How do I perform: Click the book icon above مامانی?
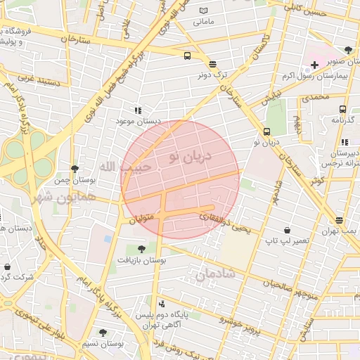pyautogui.click(x=204, y=11)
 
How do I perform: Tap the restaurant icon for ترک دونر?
pyautogui.click(x=212, y=63)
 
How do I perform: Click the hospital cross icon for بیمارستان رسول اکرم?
pyautogui.click(x=314, y=65)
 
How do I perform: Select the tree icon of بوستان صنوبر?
pyautogui.click(x=349, y=49)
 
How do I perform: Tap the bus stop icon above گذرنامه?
pyautogui.click(x=342, y=109)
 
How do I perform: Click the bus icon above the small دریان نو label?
pyautogui.click(x=266, y=131)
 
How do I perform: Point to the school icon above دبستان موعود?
pyautogui.click(x=138, y=110)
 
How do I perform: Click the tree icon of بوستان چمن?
pyautogui.click(x=75, y=169)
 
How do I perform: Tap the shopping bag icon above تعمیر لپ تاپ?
pyautogui.click(x=287, y=230)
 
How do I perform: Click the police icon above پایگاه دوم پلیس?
pyautogui.click(x=163, y=304)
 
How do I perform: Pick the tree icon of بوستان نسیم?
pyautogui.click(x=103, y=332)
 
